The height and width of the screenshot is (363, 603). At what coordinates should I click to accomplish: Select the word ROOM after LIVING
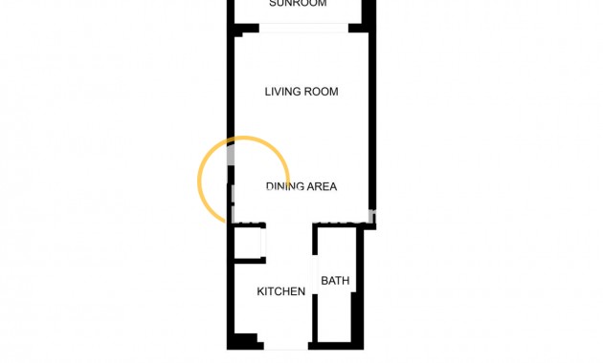(x=322, y=92)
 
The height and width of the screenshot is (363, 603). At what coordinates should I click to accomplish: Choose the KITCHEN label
(x=281, y=291)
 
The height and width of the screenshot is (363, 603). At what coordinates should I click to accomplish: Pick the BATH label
(x=335, y=281)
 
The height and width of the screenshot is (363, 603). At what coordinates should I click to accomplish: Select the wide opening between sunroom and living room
(x=303, y=28)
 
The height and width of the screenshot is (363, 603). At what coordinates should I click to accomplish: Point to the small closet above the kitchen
(x=247, y=243)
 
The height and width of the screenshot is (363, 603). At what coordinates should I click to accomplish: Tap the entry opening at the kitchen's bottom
(x=285, y=346)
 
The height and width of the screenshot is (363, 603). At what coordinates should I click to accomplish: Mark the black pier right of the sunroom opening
(x=359, y=28)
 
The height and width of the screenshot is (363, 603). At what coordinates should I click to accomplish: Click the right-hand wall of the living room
(x=370, y=115)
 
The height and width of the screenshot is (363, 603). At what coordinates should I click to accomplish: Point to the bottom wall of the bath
(x=335, y=344)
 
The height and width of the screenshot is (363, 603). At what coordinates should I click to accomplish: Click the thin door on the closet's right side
(x=265, y=243)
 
